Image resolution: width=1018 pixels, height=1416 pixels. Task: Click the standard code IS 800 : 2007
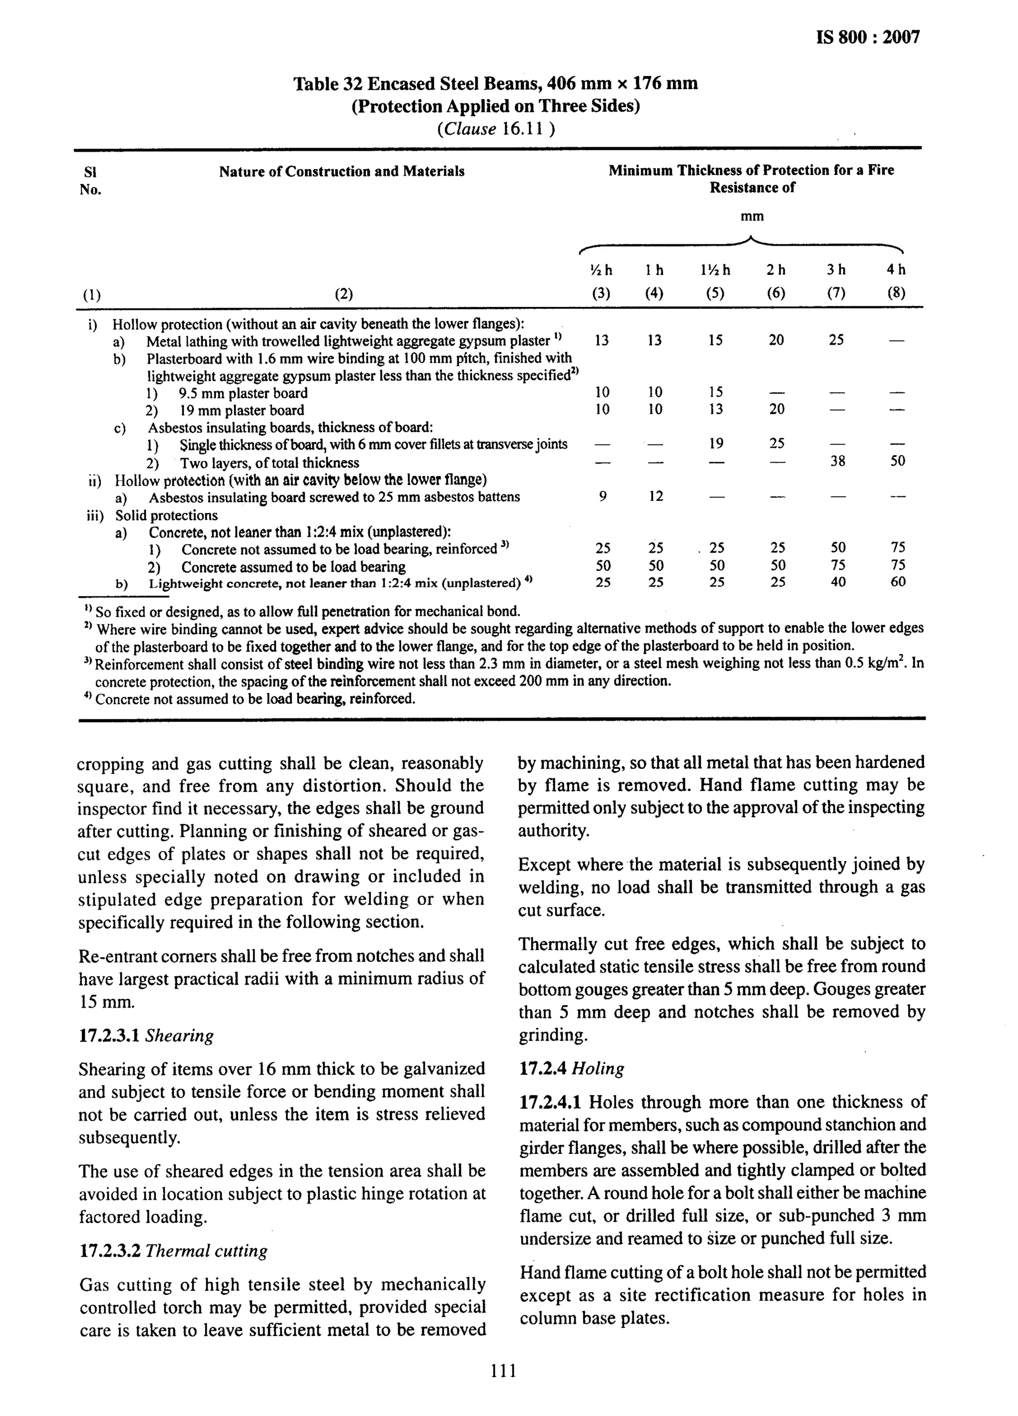pyautogui.click(x=867, y=37)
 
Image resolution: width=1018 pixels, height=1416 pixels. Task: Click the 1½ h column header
pyautogui.click(x=715, y=270)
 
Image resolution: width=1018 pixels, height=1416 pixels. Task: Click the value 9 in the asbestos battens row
pyautogui.click(x=602, y=496)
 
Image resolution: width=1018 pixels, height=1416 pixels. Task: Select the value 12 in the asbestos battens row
pyautogui.click(x=655, y=496)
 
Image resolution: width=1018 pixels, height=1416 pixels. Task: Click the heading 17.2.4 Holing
pyautogui.click(x=571, y=1068)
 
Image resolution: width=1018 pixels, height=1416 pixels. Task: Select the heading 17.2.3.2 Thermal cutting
pyautogui.click(x=173, y=1250)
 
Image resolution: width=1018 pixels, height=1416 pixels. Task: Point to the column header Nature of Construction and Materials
pyautogui.click(x=341, y=171)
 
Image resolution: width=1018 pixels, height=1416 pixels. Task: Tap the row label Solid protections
pyautogui.click(x=166, y=515)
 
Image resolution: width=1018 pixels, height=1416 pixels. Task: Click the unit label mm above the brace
pyautogui.click(x=752, y=217)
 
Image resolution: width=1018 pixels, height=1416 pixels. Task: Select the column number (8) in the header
pyautogui.click(x=896, y=293)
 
